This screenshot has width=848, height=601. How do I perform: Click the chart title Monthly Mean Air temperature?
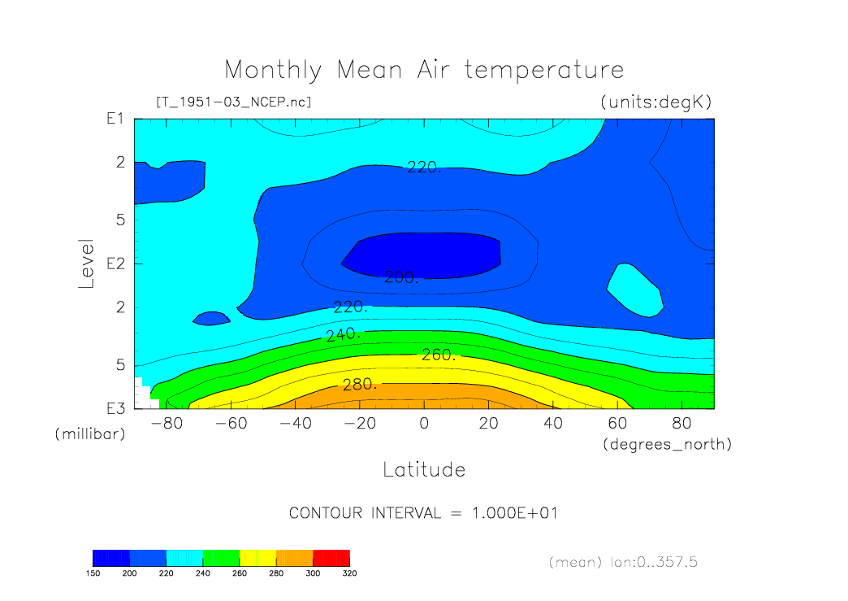(424, 71)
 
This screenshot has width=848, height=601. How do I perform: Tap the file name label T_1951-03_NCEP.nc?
(234, 102)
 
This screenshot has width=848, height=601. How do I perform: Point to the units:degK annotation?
(656, 102)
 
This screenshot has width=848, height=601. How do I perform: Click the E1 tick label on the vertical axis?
(115, 119)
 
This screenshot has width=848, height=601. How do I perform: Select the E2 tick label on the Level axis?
(115, 263)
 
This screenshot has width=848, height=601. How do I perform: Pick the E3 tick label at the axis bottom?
(115, 409)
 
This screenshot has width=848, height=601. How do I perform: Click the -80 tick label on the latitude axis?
(167, 423)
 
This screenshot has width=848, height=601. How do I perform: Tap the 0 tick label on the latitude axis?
(424, 423)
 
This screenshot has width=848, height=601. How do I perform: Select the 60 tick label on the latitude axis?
(617, 423)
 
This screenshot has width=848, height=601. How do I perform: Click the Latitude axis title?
(424, 469)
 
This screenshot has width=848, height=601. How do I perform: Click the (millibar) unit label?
(90, 434)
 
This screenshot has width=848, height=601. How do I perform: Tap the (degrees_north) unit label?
(668, 445)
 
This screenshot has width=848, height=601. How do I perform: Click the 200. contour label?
(401, 277)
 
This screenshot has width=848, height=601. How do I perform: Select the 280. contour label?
(360, 385)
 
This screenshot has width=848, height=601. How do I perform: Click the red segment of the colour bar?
(331, 558)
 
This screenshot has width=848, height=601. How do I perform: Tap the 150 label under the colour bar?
(93, 573)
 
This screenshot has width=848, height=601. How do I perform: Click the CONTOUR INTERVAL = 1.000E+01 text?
(423, 512)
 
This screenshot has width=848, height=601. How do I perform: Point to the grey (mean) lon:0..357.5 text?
(623, 562)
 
